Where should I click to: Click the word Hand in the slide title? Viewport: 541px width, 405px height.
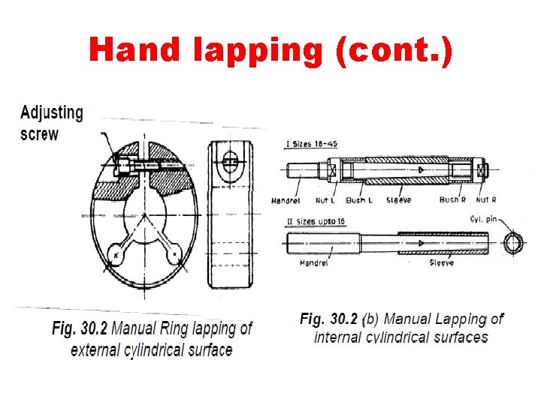pyautogui.click(x=134, y=50)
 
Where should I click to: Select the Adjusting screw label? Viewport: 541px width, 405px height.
pyautogui.click(x=51, y=123)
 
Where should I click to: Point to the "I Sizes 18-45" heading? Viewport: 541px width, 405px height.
pyautogui.click(x=312, y=144)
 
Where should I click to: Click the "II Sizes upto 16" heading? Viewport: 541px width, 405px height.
pyautogui.click(x=316, y=223)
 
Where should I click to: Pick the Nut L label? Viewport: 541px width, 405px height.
pyautogui.click(x=324, y=200)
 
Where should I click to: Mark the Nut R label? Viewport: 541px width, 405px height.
pyautogui.click(x=485, y=200)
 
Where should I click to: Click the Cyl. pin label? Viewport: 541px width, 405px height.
pyautogui.click(x=485, y=218)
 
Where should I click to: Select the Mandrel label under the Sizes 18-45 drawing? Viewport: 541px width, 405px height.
pyautogui.click(x=286, y=200)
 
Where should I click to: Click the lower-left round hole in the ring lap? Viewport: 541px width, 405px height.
pyautogui.click(x=117, y=254)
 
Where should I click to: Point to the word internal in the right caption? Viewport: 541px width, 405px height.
pyautogui.click(x=338, y=337)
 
